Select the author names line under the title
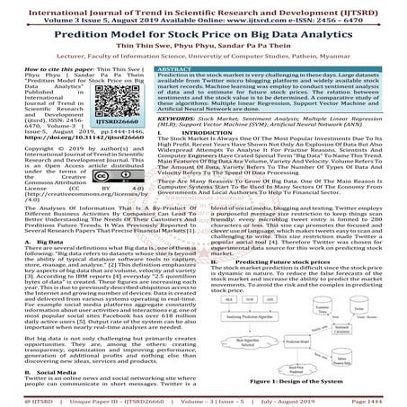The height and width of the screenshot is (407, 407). tap(203, 42)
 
